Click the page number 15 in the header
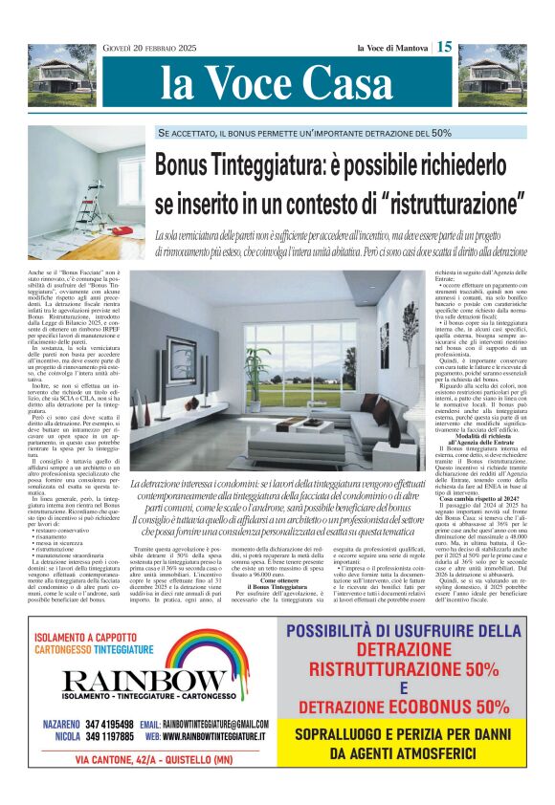tap(445, 46)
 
